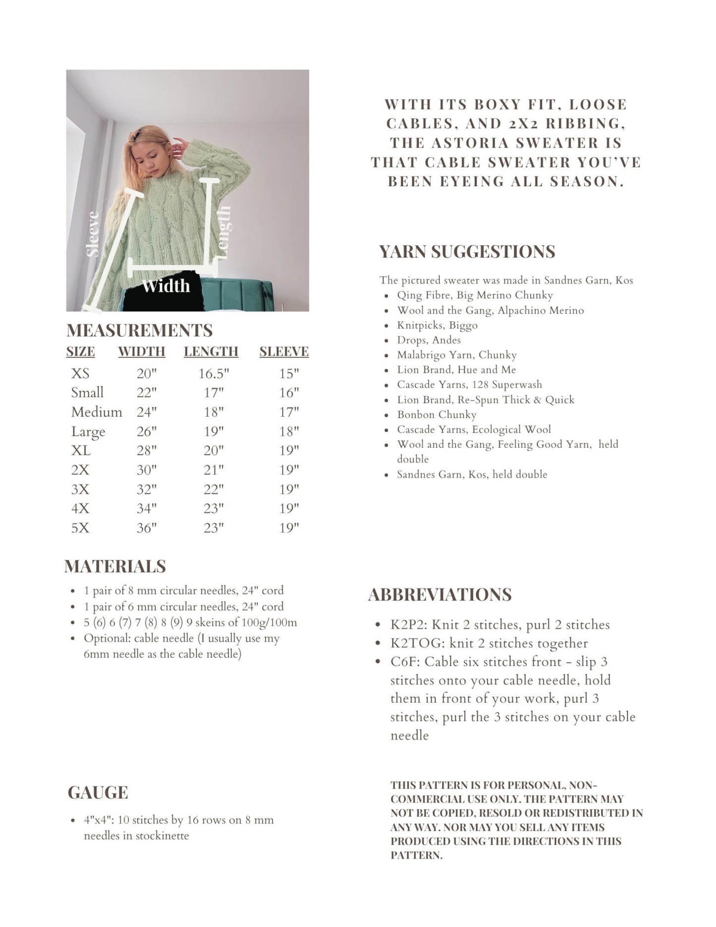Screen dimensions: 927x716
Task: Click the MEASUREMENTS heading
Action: click(x=139, y=330)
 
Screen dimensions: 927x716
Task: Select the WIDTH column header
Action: click(x=141, y=352)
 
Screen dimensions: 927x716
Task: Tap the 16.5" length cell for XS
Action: click(x=214, y=374)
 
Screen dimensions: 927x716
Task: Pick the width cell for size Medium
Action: click(x=146, y=412)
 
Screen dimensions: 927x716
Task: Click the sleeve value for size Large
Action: click(x=289, y=432)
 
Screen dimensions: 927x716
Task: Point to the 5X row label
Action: click(x=80, y=528)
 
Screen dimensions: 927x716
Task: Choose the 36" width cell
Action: click(x=146, y=528)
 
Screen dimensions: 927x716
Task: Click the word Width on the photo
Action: click(x=165, y=286)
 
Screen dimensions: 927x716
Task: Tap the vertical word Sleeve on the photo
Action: click(x=93, y=234)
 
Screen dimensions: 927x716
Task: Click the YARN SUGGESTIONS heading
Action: click(x=467, y=252)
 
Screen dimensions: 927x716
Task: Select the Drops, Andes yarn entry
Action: click(x=429, y=340)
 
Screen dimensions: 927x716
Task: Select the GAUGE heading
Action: click(x=98, y=793)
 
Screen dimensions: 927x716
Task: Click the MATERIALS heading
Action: click(x=115, y=566)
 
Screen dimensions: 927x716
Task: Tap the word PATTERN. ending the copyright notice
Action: click(x=416, y=856)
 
